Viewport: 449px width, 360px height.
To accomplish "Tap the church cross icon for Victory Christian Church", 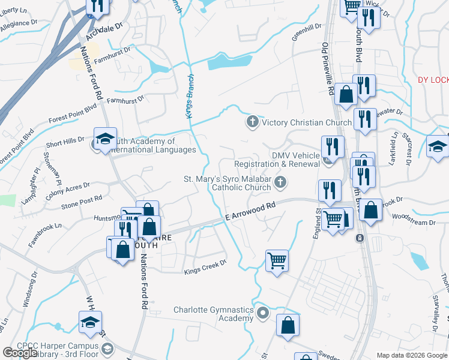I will tap(253, 122).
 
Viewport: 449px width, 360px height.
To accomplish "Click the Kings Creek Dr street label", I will tap(205, 266).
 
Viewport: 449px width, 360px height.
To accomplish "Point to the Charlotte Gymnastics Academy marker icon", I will tap(262, 313).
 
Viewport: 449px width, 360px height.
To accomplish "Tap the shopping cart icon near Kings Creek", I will tap(277, 260).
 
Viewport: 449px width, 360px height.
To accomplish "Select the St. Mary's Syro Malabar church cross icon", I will tap(279, 182).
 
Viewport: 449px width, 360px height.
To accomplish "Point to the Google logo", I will tap(20, 353).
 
